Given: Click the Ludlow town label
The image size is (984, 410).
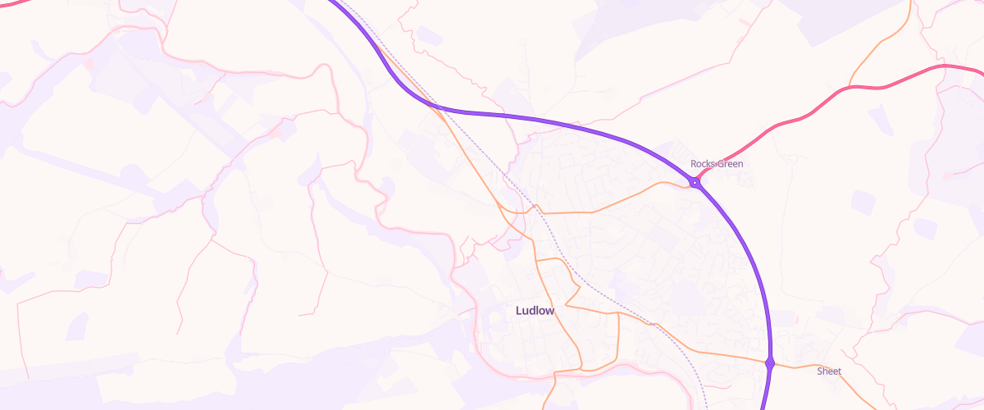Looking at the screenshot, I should tap(535, 311).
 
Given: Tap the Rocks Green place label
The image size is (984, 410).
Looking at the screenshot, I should tap(717, 164).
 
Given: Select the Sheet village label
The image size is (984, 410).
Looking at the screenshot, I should tap(829, 371).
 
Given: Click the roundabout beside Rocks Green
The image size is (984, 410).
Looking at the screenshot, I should tap(695, 183).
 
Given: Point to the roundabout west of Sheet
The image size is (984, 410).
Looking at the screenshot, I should tap(769, 362).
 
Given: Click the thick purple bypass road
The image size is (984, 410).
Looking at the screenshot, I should tap(574, 122).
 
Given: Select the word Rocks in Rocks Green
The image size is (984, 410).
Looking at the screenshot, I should tap(703, 164).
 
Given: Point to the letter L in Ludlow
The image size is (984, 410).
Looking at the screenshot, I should tap(519, 311).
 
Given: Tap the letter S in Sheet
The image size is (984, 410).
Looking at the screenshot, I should tap(820, 371).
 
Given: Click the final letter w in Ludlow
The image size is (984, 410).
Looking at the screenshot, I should tap(550, 311).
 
